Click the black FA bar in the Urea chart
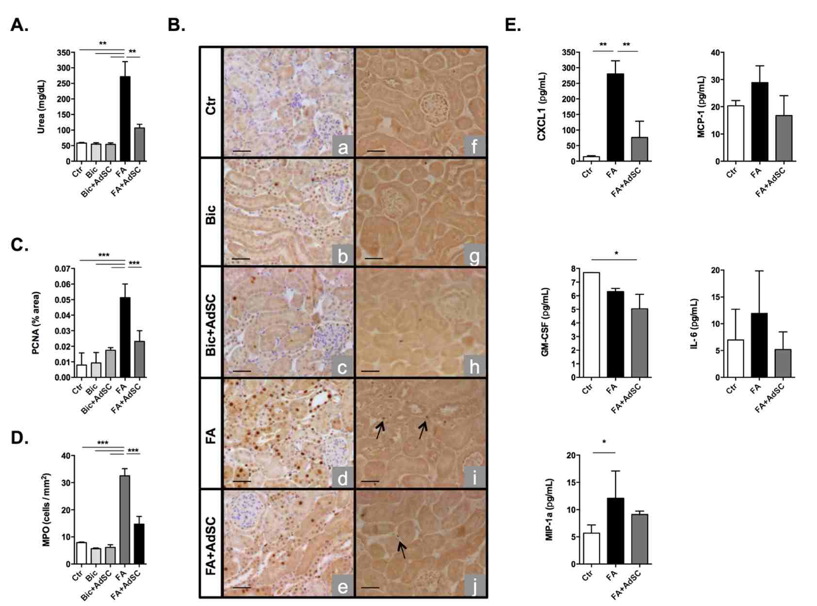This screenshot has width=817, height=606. (x=125, y=119)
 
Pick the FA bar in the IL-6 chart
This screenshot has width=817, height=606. (x=759, y=345)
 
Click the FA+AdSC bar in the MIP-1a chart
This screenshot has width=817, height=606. (x=639, y=539)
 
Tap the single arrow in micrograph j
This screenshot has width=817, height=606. (x=402, y=550)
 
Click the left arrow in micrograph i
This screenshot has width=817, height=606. (x=380, y=429)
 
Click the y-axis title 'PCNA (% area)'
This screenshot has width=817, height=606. (x=37, y=323)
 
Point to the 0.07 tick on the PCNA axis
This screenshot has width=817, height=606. (x=62, y=269)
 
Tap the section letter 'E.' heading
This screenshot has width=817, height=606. (x=512, y=25)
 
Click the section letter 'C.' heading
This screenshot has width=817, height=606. (x=20, y=245)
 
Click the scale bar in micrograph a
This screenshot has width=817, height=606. (x=242, y=151)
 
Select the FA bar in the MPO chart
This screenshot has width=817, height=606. (x=125, y=520)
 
